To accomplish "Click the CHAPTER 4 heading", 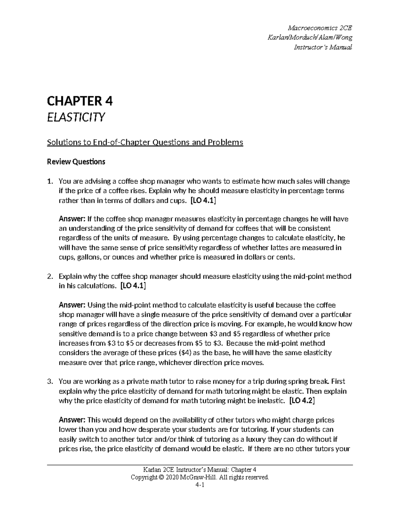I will point(80,101).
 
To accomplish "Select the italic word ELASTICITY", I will point(76,117).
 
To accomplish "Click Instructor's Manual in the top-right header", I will point(323,47).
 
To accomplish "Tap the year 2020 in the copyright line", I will point(173,478).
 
